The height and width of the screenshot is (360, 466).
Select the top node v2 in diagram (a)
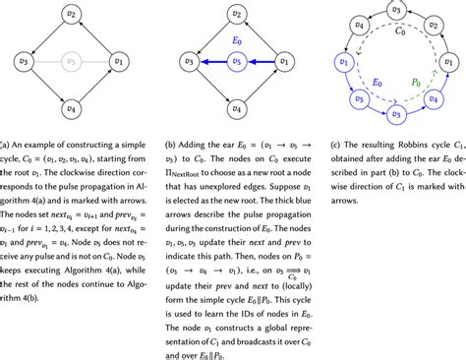point(69,17)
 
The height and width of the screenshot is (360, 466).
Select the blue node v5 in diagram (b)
point(234,63)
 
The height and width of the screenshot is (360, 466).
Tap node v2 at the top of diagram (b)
point(234,17)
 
